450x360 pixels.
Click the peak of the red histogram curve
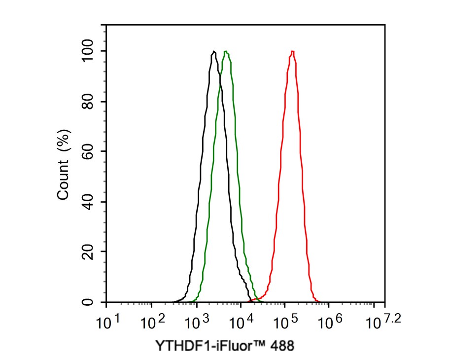293,51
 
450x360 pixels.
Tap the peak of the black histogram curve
213,51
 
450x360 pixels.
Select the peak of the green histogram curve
226,51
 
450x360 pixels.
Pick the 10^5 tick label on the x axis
285,322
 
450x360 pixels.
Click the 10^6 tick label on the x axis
330,322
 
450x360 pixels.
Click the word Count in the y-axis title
64,182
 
